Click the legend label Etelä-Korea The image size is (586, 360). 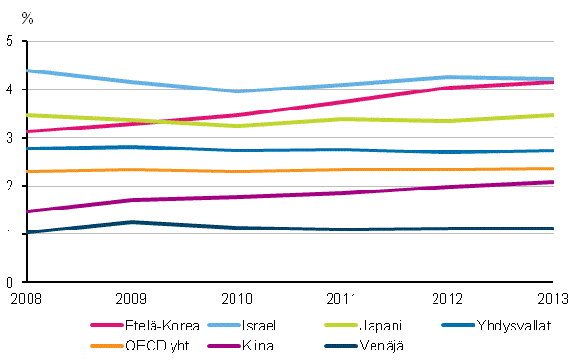169,325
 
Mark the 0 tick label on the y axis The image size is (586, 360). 9,283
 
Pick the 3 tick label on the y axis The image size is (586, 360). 9,138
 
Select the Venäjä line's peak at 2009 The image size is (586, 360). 129,222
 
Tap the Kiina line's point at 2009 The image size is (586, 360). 129,200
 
